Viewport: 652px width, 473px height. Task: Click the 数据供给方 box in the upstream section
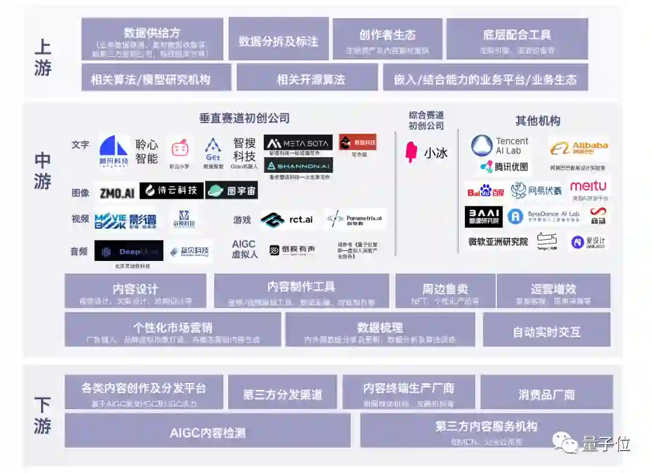[152, 39]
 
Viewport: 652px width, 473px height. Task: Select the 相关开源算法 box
[310, 79]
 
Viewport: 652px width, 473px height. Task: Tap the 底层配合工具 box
[517, 39]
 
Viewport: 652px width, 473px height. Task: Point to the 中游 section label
[43, 171]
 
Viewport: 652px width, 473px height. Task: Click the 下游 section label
[43, 416]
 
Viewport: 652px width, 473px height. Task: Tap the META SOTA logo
[298, 143]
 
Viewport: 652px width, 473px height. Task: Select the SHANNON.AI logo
[298, 166]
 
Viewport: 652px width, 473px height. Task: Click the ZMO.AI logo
[117, 192]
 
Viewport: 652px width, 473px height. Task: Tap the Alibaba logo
[579, 147]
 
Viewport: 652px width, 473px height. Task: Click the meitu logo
[588, 186]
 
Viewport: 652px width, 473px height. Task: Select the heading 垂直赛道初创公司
[245, 118]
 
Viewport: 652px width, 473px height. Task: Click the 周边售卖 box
[445, 291]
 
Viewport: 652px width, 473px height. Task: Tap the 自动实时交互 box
[546, 332]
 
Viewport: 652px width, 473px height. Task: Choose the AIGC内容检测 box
[207, 433]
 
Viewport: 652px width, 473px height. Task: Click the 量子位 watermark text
[606, 445]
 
